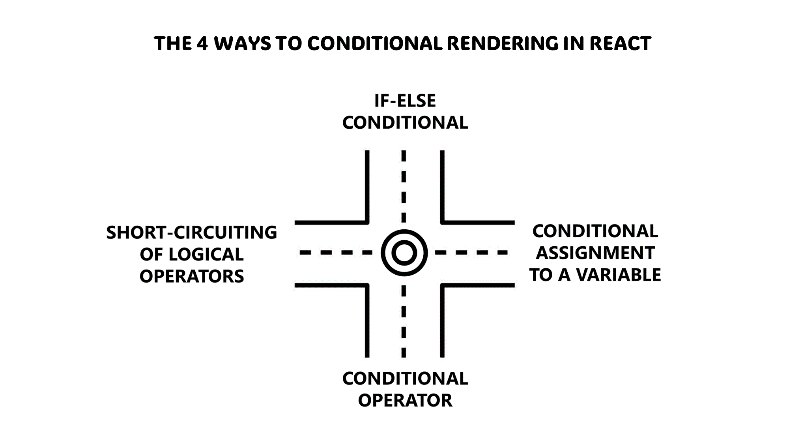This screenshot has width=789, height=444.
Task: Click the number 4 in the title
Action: point(202,43)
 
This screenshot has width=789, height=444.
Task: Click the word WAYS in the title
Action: point(243,43)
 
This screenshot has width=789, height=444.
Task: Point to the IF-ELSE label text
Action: point(405,101)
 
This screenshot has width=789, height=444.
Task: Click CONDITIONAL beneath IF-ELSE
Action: point(405,123)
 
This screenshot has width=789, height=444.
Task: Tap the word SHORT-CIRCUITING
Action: point(192,232)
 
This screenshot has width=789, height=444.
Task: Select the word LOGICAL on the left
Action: point(206,255)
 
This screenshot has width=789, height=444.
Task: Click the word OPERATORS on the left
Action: point(192,276)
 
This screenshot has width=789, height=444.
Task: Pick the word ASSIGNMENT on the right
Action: point(595,253)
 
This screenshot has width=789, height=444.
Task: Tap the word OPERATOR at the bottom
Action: point(405,401)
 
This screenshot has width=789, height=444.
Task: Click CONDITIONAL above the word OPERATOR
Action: point(405,378)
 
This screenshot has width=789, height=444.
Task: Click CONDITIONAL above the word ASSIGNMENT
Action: point(595,231)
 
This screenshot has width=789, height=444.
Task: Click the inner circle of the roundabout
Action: point(404,253)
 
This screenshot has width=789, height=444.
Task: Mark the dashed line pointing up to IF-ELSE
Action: point(404,185)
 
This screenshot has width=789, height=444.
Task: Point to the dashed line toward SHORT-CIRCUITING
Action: point(335,252)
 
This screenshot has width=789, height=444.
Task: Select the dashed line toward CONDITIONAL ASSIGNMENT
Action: point(471,252)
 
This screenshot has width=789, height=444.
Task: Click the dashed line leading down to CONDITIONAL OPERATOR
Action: point(404,322)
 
